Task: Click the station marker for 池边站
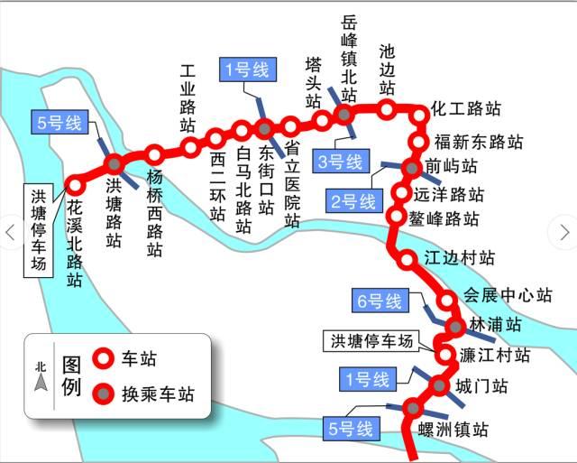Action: point(386,110)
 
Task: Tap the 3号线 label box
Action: point(340,162)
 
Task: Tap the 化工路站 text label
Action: point(466,110)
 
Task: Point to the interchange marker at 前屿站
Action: point(409,168)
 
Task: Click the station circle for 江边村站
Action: point(408,258)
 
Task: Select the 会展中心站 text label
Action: point(507,295)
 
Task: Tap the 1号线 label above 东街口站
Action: point(242,69)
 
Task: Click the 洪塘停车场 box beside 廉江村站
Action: point(371,340)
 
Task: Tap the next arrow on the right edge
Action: point(565,232)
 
